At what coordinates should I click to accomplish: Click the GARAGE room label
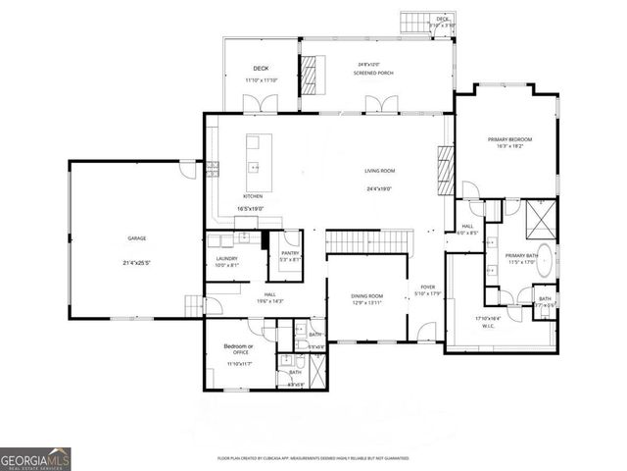pos(136,237)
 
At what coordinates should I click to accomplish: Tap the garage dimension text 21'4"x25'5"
pos(136,263)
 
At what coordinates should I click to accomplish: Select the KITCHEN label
pos(253,196)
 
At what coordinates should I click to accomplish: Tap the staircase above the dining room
pos(365,240)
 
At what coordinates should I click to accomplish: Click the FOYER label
pos(428,287)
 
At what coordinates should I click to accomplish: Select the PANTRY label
pos(289,253)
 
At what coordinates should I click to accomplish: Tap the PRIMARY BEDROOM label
pos(506,139)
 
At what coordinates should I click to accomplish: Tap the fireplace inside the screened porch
pos(310,72)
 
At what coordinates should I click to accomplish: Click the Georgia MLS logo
pos(35,458)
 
